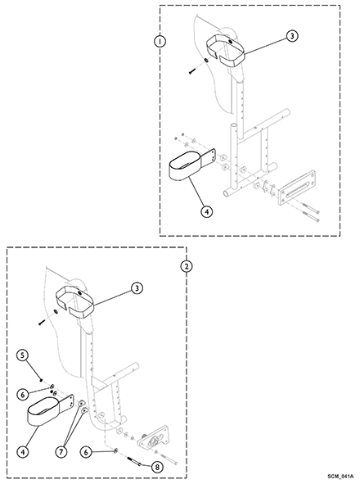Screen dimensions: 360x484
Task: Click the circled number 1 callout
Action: [160, 42]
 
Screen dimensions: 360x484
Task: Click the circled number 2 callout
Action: [186, 266]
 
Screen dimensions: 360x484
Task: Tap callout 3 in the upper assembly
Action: [292, 36]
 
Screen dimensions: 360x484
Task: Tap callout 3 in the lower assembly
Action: [137, 288]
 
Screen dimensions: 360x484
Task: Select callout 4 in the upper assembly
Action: [207, 212]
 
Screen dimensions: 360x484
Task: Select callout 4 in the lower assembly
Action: [23, 452]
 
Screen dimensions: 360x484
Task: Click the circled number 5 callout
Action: [23, 355]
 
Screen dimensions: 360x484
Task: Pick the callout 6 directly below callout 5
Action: [23, 394]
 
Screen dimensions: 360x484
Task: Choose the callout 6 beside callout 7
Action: [86, 452]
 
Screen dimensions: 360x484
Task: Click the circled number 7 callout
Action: [61, 452]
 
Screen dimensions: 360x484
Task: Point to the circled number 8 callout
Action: [157, 468]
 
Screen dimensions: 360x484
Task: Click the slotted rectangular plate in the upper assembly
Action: [297, 187]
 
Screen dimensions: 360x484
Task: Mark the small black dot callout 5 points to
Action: [41, 380]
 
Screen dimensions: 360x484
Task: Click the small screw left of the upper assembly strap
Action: [192, 71]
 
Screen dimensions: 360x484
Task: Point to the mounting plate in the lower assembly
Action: [153, 437]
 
